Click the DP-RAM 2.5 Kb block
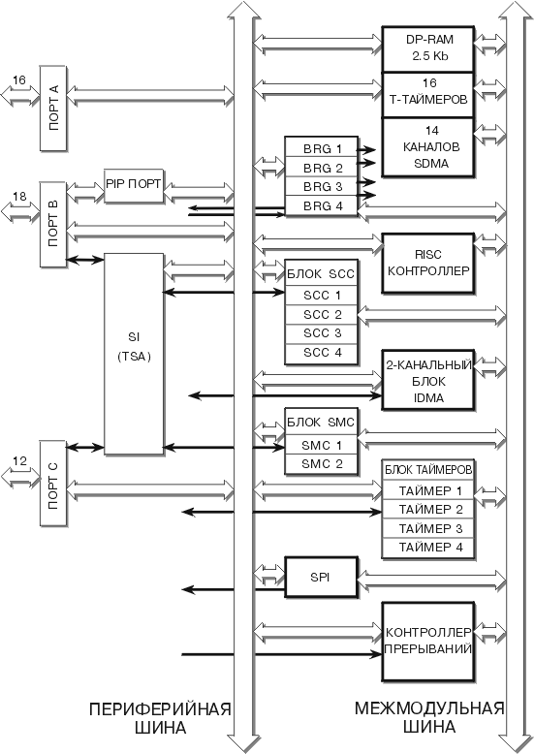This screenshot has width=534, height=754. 428,49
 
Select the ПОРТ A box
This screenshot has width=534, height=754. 53,109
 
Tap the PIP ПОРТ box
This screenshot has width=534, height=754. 134,185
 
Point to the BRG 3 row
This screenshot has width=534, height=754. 322,187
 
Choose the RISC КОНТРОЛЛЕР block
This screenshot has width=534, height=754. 428,263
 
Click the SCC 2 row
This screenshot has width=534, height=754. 322,315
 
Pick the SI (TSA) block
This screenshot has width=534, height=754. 134,354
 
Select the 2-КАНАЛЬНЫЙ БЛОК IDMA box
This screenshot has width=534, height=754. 428,380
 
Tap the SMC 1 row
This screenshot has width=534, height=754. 322,445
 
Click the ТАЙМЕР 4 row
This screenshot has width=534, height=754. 428,548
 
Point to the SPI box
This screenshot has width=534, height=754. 322,577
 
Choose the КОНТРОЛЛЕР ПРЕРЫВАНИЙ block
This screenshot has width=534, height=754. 428,642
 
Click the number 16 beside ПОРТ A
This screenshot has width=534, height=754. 18,79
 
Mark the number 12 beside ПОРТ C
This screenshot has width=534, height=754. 19,461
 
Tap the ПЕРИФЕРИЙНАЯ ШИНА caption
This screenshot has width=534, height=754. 160,718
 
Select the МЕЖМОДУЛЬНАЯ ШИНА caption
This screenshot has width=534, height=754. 429,717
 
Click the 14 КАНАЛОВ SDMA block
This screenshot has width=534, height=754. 428,147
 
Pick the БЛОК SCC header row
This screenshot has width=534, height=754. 322,274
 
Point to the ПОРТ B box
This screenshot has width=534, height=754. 53,224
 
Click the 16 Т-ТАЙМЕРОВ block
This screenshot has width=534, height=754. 428,95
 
